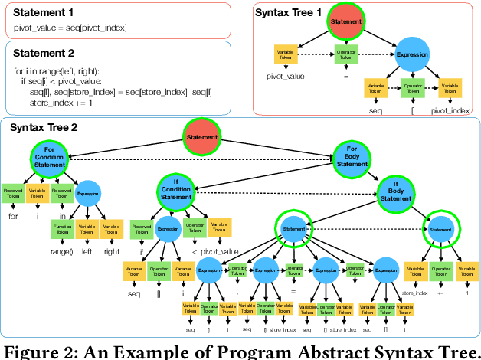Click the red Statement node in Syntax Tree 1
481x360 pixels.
[348, 24]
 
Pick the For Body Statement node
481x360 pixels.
[352, 159]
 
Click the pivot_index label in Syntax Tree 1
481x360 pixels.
[450, 111]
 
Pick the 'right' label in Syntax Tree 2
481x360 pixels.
[112, 252]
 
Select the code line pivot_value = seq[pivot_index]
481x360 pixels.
[70, 28]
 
